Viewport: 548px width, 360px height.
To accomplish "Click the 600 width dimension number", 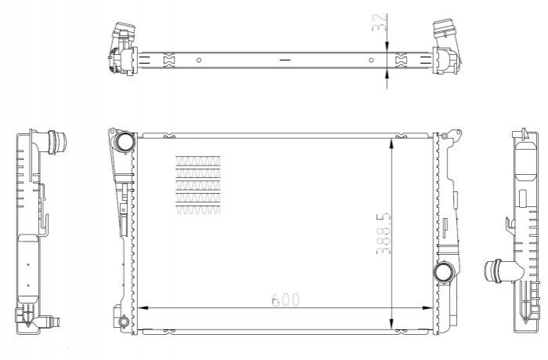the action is coord(285,300).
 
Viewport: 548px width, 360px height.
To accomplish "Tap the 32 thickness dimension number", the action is coord(379,23).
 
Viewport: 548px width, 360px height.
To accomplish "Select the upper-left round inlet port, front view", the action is coord(125,142).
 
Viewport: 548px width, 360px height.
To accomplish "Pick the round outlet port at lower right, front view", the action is coord(443,272).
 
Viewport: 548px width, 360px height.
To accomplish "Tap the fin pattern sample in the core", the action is coord(198,185).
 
